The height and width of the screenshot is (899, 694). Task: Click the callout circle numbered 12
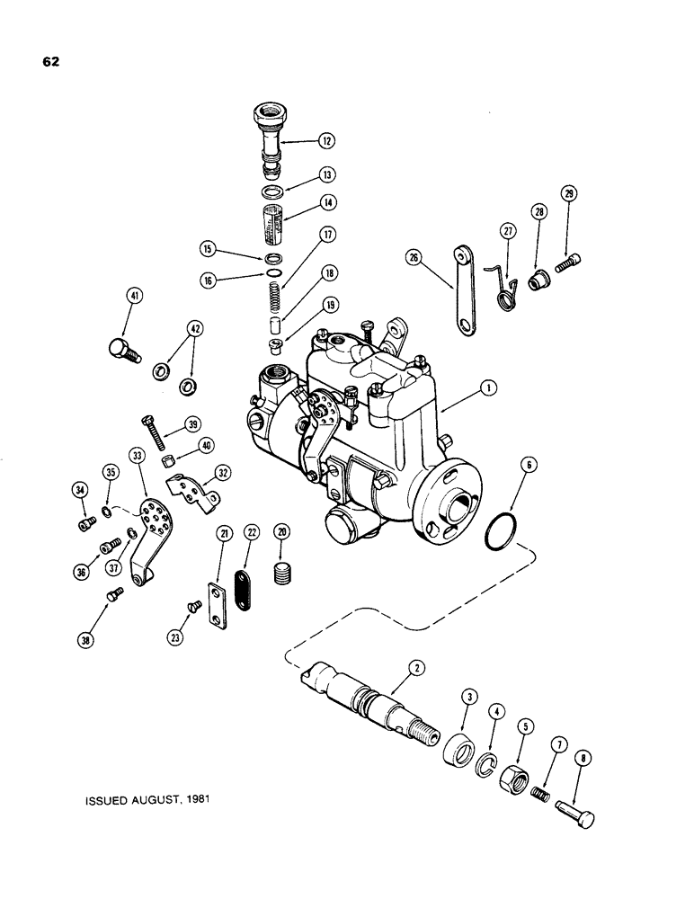click(x=325, y=140)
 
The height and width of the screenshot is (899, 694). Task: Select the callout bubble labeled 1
click(x=486, y=388)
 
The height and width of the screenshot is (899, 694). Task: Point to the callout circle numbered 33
click(x=138, y=456)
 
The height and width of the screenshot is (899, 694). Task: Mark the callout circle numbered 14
click(x=325, y=203)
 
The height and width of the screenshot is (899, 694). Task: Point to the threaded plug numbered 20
click(x=282, y=573)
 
